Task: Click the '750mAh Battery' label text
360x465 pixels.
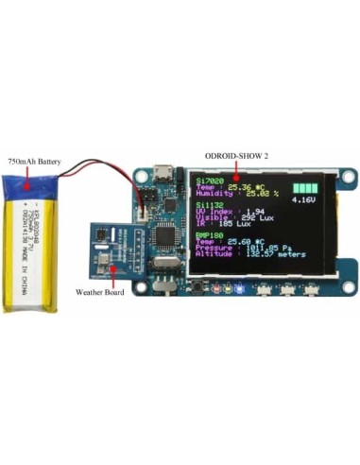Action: [34, 163]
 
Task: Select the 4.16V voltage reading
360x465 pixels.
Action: [304, 200]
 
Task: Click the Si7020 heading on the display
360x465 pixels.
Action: [207, 179]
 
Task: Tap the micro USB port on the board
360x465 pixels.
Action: [163, 173]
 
